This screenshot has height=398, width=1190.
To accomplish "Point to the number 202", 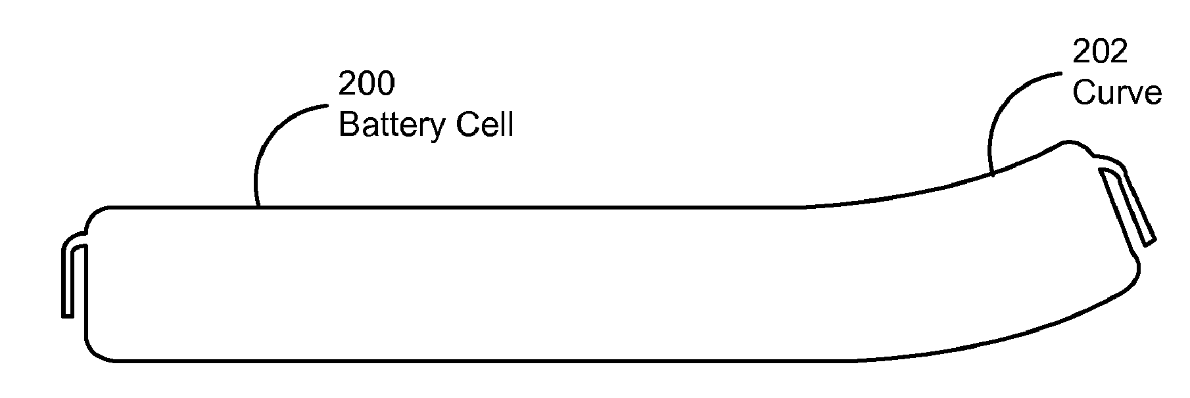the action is (1100, 52).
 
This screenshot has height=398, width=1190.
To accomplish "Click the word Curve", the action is (1117, 93).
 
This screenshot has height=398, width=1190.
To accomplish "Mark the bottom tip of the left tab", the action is (67, 317).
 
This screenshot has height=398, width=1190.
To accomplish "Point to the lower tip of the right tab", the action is (1150, 243).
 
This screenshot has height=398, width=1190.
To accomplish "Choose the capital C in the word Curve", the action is (1085, 93).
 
